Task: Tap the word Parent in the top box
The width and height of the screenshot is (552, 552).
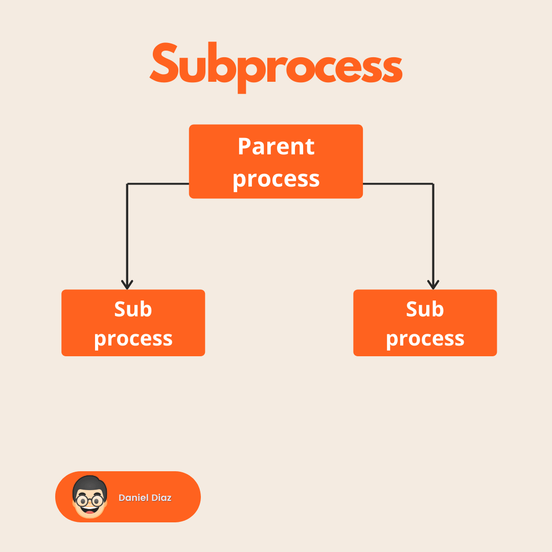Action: pyautogui.click(x=276, y=147)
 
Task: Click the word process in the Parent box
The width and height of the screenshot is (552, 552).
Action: pyautogui.click(x=276, y=179)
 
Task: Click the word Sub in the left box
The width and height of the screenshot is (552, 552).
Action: pyautogui.click(x=133, y=309)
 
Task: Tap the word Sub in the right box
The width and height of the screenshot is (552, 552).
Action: pyautogui.click(x=425, y=309)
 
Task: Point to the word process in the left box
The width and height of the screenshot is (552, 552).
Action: pyautogui.click(x=133, y=339)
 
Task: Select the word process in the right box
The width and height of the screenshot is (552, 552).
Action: pyautogui.click(x=425, y=339)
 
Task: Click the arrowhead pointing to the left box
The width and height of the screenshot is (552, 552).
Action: pyautogui.click(x=127, y=285)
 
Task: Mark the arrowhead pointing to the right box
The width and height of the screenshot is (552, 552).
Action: pyautogui.click(x=433, y=285)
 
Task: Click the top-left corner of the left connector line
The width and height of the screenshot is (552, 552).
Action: pyautogui.click(x=127, y=184)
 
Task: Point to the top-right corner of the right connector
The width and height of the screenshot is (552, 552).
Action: pyautogui.click(x=433, y=184)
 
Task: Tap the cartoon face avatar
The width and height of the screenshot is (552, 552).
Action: pyautogui.click(x=90, y=497)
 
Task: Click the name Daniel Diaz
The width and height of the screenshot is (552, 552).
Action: pyautogui.click(x=145, y=498)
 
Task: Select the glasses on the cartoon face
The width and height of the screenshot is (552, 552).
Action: pyautogui.click(x=90, y=499)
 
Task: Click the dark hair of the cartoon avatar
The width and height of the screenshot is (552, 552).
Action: pyautogui.click(x=90, y=482)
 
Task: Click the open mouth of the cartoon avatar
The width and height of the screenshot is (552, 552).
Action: pyautogui.click(x=90, y=509)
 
